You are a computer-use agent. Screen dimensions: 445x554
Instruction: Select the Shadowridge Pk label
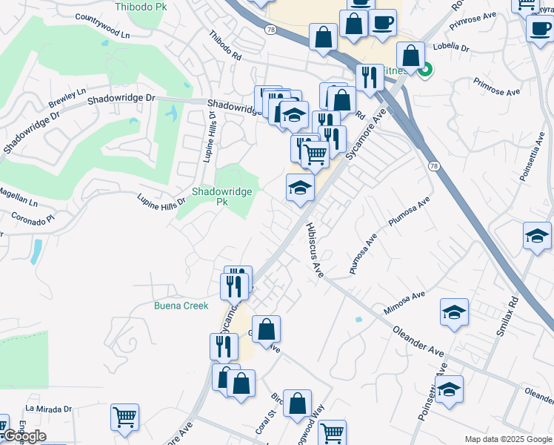pos(222,196)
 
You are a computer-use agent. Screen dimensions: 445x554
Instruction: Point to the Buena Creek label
pos(181,306)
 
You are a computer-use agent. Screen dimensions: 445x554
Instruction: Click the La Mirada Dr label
pos(49,409)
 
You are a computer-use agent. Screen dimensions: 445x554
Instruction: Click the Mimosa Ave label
pos(404,303)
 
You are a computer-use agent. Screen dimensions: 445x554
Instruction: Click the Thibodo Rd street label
pos(225,45)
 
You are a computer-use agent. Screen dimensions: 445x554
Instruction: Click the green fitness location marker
pos(425,72)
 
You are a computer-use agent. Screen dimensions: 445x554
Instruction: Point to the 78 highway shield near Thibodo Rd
pos(271,29)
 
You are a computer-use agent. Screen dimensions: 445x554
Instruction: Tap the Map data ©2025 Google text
pos(508,439)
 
